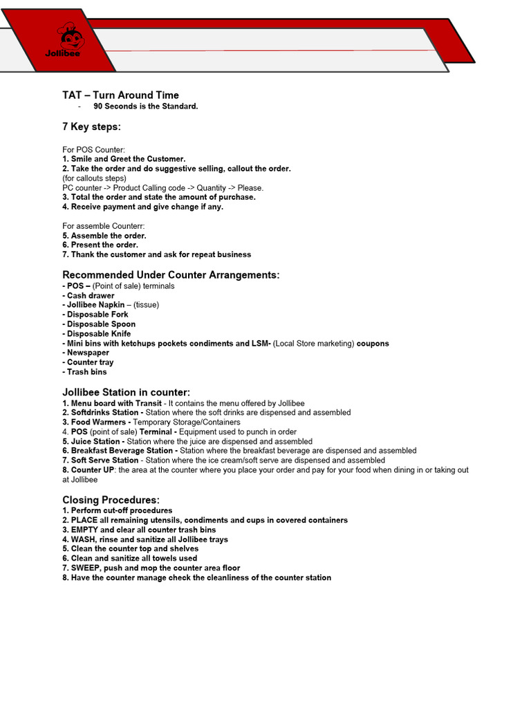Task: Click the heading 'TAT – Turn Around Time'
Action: (120, 95)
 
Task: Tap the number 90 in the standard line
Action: (98, 106)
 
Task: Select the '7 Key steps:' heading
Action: (91, 127)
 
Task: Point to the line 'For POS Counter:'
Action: (93, 149)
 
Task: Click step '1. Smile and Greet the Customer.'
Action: (124, 159)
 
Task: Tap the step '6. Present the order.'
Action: (100, 245)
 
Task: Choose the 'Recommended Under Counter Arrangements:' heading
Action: (171, 275)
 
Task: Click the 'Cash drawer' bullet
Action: (91, 296)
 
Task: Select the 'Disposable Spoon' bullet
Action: (101, 324)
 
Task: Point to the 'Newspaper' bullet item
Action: (88, 353)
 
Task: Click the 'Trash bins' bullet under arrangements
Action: (87, 372)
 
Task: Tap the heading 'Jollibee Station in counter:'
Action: (126, 393)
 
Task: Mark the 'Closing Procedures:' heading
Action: (111, 500)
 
